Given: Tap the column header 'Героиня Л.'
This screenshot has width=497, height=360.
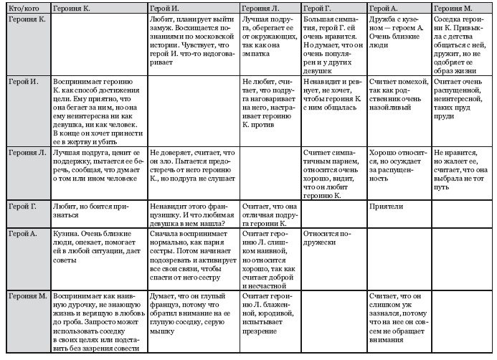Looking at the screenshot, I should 262,6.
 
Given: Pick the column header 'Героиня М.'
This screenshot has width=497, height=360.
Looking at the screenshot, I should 453,6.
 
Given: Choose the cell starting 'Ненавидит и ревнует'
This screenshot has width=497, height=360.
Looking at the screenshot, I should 333,98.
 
